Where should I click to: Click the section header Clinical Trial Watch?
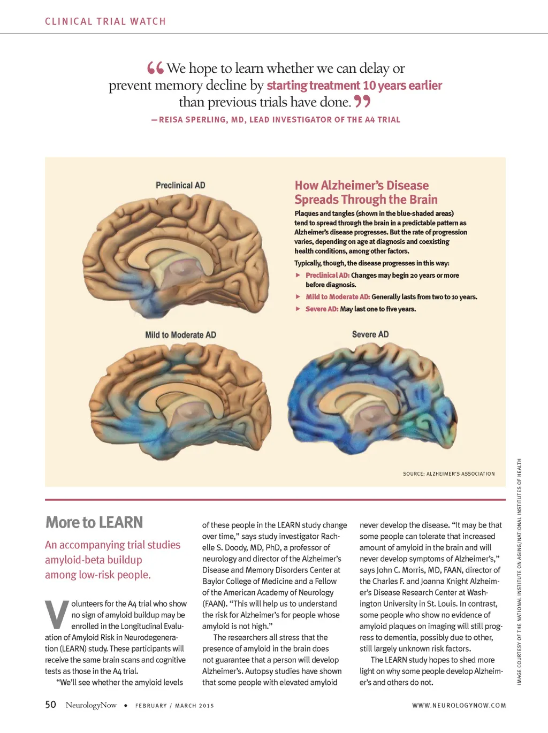105,21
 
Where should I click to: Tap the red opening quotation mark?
155,68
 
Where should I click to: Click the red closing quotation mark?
362,101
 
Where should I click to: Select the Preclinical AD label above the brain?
180,185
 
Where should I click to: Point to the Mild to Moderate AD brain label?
180,335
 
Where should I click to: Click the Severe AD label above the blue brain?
370,334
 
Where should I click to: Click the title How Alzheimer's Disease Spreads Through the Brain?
366,193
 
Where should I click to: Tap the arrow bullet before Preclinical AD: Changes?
298,275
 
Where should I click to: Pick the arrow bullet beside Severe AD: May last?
298,309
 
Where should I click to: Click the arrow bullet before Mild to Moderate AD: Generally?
298,296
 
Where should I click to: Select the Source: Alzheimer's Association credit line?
448,474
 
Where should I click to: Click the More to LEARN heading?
94,522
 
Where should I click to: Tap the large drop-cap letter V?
56,614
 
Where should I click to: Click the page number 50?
50,705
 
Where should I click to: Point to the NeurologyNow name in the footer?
91,705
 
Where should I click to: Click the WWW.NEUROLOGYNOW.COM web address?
459,705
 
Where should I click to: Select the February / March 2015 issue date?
174,706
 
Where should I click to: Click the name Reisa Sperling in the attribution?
194,120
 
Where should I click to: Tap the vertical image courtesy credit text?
519,571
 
